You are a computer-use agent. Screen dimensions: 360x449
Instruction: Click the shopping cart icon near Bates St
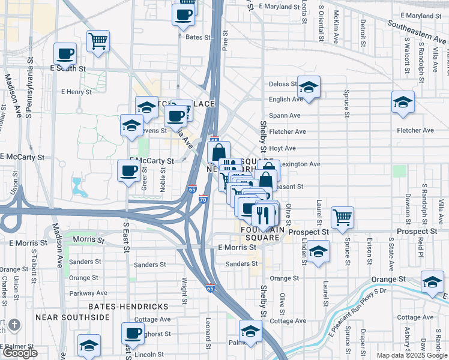pyautogui.click(x=98, y=41)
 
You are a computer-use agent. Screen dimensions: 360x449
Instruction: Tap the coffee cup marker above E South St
pyautogui.click(x=65, y=53)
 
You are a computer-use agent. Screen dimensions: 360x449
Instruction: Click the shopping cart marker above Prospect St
pyautogui.click(x=342, y=217)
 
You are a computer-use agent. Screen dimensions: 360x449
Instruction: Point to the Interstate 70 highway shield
pyautogui.click(x=203, y=199)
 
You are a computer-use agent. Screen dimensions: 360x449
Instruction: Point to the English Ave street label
pyautogui.click(x=286, y=100)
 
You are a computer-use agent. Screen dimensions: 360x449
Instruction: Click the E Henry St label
pyautogui.click(x=76, y=92)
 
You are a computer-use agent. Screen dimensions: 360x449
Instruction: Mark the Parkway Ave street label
pyautogui.click(x=88, y=293)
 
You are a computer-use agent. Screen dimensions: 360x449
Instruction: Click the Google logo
pyautogui.click(x=19, y=353)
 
